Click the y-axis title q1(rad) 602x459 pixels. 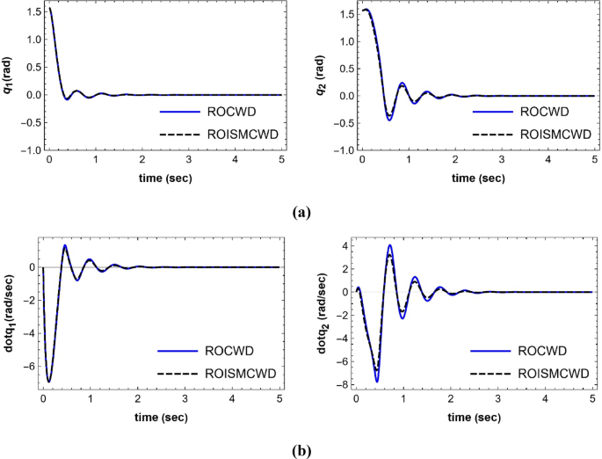pyautogui.click(x=8, y=76)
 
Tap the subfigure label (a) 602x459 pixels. pyautogui.click(x=301, y=212)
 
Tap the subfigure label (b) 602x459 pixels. pyautogui.click(x=301, y=449)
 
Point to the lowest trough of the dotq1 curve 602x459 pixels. pyautogui.click(x=49, y=382)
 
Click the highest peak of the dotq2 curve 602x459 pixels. pyautogui.click(x=389, y=245)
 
